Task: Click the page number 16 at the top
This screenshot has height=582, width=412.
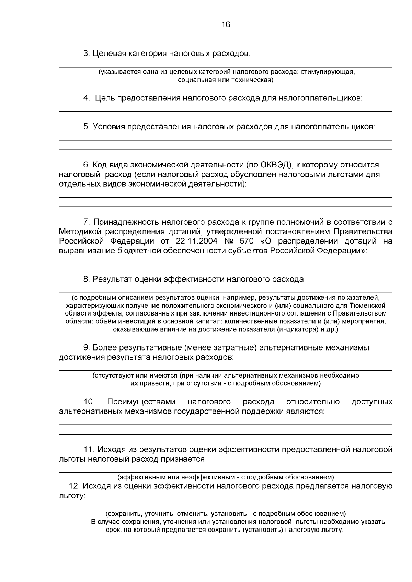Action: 226,25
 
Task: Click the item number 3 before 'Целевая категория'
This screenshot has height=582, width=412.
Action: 86,54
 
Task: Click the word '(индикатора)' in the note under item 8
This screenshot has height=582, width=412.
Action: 297,330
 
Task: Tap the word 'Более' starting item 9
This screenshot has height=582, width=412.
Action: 105,348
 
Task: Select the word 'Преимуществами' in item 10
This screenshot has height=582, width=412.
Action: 141,402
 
